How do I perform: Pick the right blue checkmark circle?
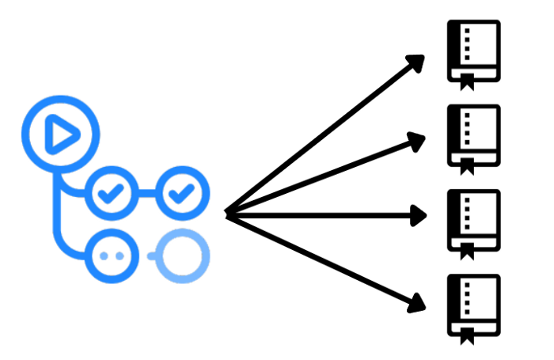[x=184, y=192]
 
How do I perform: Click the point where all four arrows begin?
[x=228, y=212]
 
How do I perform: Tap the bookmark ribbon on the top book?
[x=467, y=81]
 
